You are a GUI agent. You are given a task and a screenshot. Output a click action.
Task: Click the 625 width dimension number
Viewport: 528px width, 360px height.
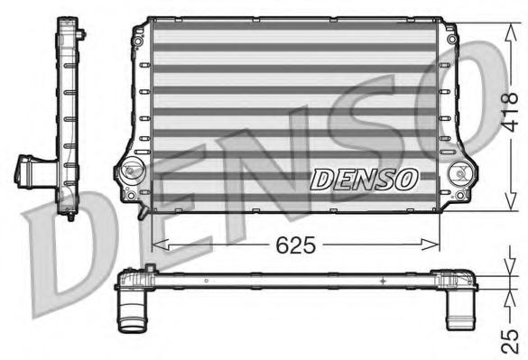[x=296, y=245]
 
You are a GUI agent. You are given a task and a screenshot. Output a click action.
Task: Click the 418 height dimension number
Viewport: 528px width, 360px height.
[x=509, y=112]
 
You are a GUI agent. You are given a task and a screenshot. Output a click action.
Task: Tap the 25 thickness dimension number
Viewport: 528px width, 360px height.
[x=510, y=341]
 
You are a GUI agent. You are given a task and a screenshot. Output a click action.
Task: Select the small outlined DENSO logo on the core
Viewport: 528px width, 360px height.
[x=364, y=179]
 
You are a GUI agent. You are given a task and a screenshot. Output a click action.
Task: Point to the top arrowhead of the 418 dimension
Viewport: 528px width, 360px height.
[x=511, y=32]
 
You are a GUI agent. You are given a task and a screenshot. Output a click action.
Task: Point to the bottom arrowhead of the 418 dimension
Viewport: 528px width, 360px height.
[x=511, y=202]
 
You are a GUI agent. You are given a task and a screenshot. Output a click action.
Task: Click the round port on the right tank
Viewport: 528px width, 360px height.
[x=459, y=173]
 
